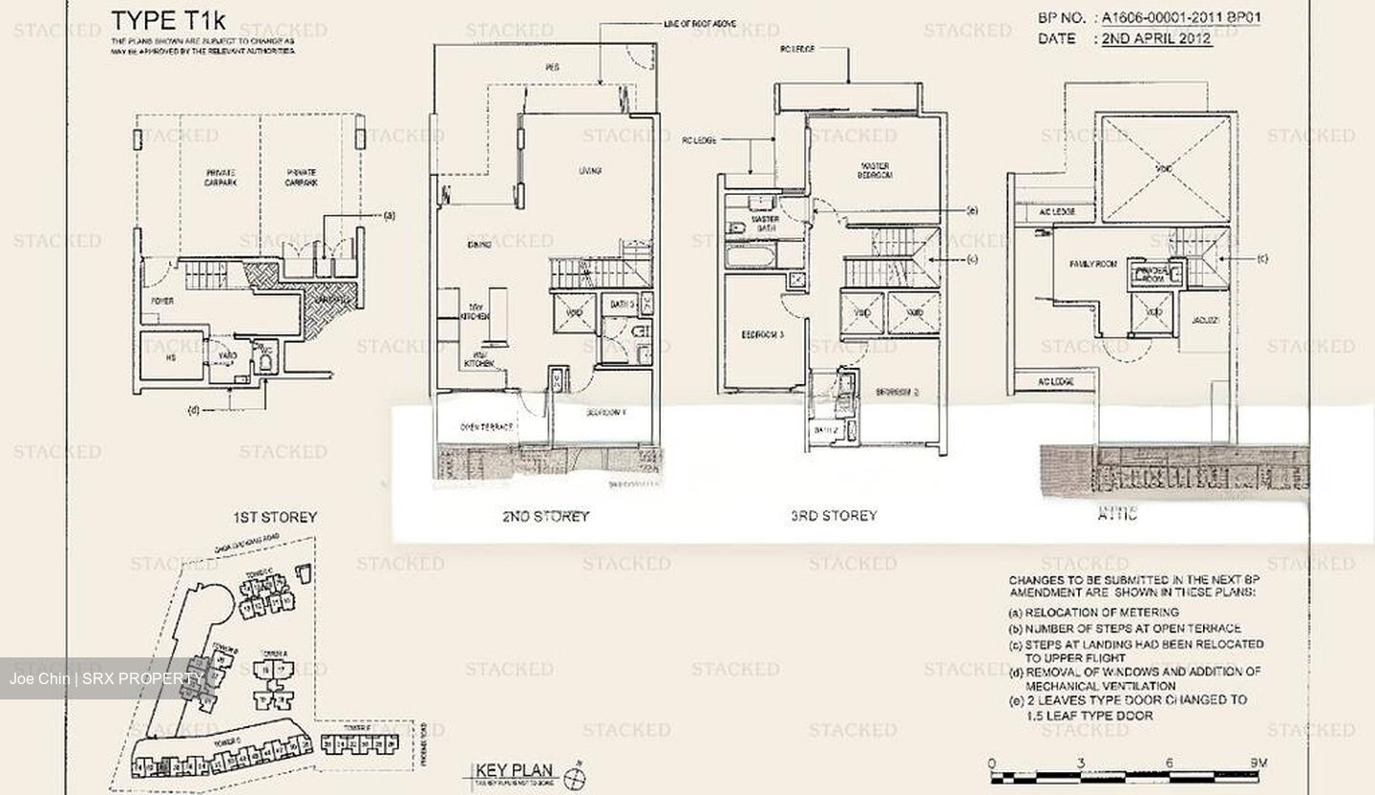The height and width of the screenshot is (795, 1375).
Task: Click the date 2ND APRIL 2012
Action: coord(1156,39)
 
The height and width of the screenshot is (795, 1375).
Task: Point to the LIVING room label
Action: coord(590,171)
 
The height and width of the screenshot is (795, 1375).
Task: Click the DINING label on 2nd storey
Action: coord(479,245)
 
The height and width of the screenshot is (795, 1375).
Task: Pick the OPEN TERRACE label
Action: coord(487,427)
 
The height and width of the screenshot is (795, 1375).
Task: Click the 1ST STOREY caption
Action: coord(275,517)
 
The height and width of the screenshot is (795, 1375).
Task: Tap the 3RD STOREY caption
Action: coord(834,516)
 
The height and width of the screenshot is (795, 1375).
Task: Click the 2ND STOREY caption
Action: coord(545,516)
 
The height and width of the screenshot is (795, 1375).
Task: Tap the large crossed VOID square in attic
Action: coord(1163,168)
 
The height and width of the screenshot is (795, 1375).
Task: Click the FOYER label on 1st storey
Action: coord(162,301)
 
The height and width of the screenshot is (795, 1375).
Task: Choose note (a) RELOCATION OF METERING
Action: coord(1093,612)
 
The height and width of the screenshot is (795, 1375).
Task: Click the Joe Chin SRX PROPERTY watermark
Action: coord(105,679)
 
